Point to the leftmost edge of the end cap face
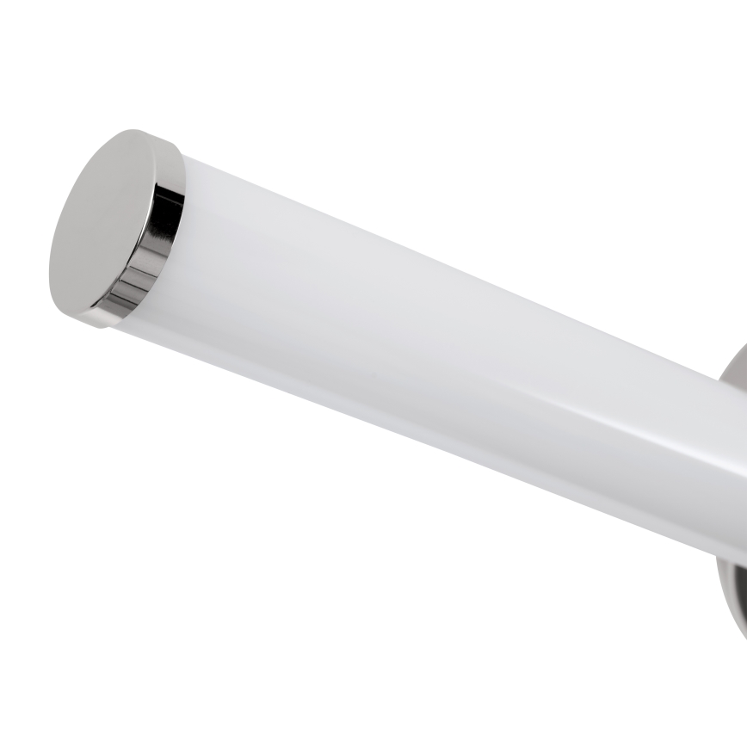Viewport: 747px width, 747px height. [x=51, y=258]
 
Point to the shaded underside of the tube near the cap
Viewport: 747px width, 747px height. [x=258, y=361]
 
